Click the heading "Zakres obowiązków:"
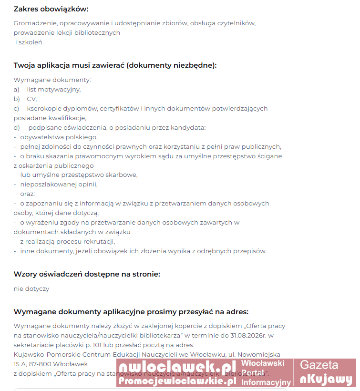pyautogui.click(x=51, y=9)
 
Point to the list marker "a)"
pyautogui.click(x=17, y=89)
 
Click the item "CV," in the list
pyautogui.click(x=32, y=99)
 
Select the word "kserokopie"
pyautogui.click(x=44, y=108)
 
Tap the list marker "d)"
pyautogui.click(x=17, y=127)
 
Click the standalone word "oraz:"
pyautogui.click(x=28, y=194)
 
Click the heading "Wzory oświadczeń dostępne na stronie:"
pyautogui.click(x=87, y=274)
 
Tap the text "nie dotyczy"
pyautogui.click(x=31, y=288)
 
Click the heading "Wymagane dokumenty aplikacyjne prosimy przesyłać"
pyautogui.click(x=131, y=312)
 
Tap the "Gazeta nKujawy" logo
pyautogui.click(x=326, y=372)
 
